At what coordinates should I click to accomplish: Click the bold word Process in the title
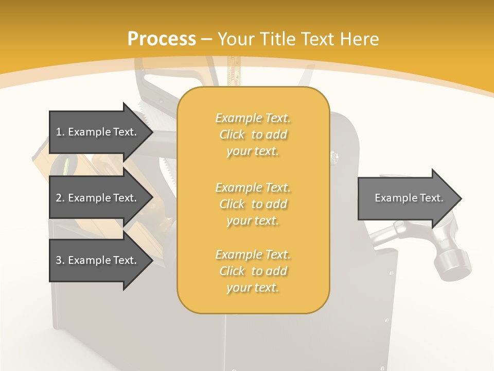(x=162, y=39)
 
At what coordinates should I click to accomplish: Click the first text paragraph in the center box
(x=253, y=134)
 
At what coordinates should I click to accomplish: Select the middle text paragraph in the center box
(x=253, y=204)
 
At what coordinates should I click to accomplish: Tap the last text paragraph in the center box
(x=253, y=271)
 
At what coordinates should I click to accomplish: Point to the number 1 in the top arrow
(x=59, y=132)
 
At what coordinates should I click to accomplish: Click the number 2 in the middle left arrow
(x=59, y=198)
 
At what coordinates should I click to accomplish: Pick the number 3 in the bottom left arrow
(x=59, y=260)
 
